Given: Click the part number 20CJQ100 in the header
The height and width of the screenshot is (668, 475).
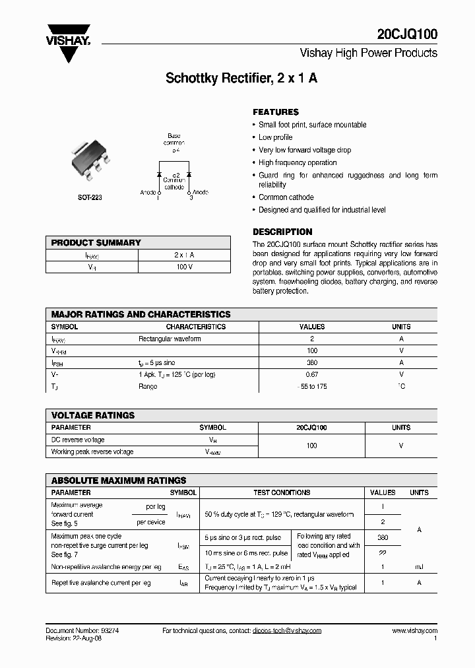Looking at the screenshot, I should point(408,34).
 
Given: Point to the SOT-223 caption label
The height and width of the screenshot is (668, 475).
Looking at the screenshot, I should point(88,197).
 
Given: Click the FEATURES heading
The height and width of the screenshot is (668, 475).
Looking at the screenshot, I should point(276,112).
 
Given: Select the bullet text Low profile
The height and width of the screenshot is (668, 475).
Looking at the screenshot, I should point(275,137).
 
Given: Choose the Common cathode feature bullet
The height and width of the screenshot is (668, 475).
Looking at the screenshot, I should point(286,197).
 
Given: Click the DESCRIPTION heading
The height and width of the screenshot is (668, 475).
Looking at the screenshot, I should point(282,232).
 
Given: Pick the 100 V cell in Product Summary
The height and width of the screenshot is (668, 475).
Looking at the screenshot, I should point(184,267).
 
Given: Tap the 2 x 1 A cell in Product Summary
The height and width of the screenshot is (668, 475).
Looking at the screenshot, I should point(184,255).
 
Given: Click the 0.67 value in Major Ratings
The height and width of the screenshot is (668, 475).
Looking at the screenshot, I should point(312,374).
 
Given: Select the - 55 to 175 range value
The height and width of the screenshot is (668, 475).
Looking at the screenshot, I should point(312,386).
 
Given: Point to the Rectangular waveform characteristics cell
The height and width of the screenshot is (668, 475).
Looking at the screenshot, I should point(170,339).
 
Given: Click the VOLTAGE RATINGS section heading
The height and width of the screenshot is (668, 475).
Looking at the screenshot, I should point(93,415).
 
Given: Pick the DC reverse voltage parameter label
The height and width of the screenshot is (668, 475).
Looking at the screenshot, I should point(78,440).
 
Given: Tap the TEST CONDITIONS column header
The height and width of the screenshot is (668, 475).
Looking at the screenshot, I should point(282,492).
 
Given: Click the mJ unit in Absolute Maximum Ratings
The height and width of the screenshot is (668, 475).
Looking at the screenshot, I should point(419,567).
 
